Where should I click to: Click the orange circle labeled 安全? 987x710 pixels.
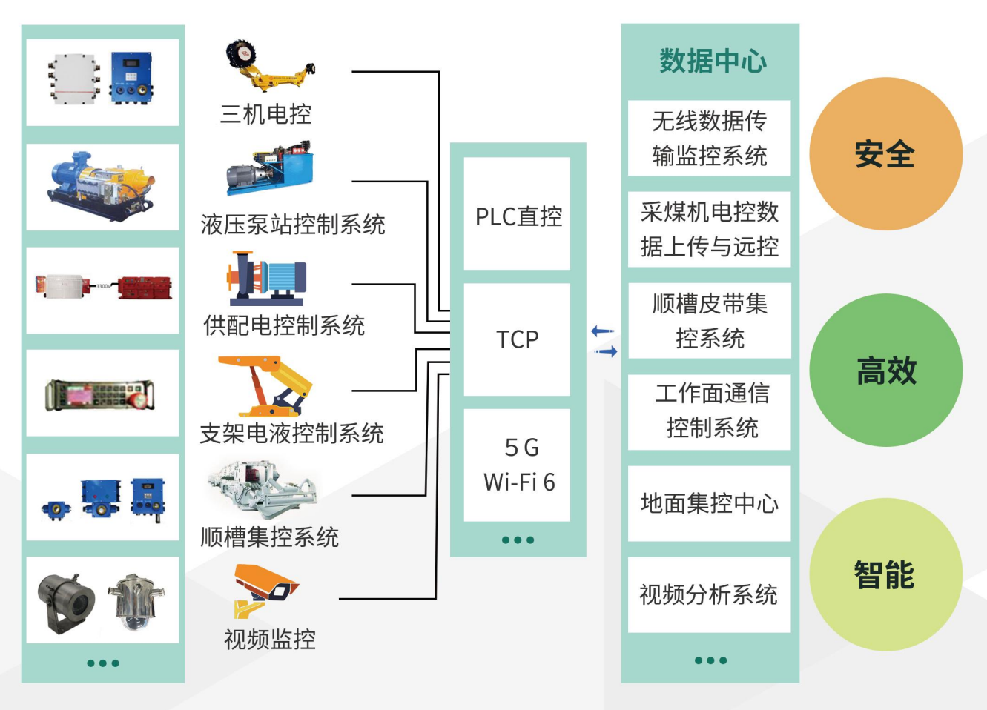(x=885, y=154)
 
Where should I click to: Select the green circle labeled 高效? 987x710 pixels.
(x=885, y=371)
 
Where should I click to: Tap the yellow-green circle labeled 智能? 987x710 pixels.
(x=885, y=575)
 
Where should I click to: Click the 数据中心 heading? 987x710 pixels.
(x=712, y=61)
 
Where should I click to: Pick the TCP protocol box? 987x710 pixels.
(x=518, y=339)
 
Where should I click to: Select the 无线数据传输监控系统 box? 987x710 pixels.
(x=709, y=139)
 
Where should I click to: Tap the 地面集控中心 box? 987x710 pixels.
(x=709, y=503)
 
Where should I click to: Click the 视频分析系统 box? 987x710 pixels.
(x=709, y=594)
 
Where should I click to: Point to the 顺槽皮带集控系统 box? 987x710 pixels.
(x=709, y=321)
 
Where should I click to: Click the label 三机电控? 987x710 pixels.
(x=265, y=114)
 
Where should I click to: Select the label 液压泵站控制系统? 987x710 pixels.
(x=293, y=224)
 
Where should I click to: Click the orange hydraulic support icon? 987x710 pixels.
(x=265, y=385)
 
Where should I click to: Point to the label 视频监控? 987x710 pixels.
(x=270, y=639)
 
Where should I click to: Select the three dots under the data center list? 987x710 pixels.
(x=710, y=660)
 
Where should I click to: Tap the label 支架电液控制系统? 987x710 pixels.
(x=291, y=434)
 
